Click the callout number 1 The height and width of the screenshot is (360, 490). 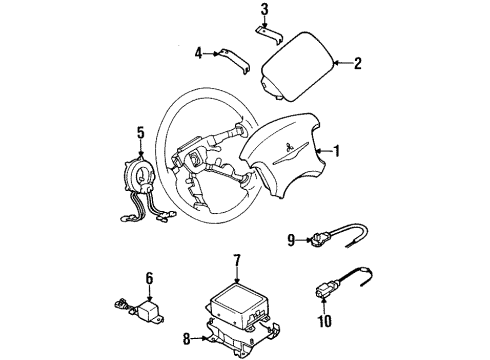(x=337, y=152)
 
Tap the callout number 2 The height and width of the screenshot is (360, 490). (x=358, y=63)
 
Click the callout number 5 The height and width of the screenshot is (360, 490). (x=141, y=130)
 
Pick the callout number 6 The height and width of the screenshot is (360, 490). (x=149, y=279)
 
